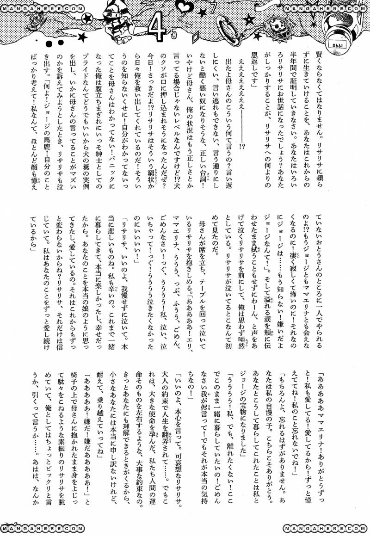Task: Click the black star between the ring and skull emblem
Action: [x=250, y=19]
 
